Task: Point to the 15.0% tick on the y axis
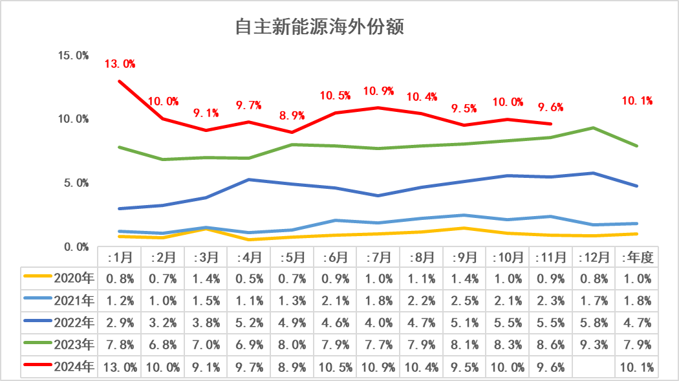coord(73,56)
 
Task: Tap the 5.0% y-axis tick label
coord(76,183)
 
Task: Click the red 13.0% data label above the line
coord(120,64)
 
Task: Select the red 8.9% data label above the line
coord(292,116)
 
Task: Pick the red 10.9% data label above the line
coord(379,91)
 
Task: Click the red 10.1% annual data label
coord(637,100)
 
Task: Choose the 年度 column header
coord(637,257)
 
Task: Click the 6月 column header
coord(335,257)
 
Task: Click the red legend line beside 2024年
coord(38,367)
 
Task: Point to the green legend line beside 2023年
coord(38,345)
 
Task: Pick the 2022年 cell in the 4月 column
coord(249,323)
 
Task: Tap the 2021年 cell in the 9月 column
coord(464,301)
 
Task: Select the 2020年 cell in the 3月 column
coord(206,279)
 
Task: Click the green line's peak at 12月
coord(594,128)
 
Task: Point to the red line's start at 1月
coord(120,82)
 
